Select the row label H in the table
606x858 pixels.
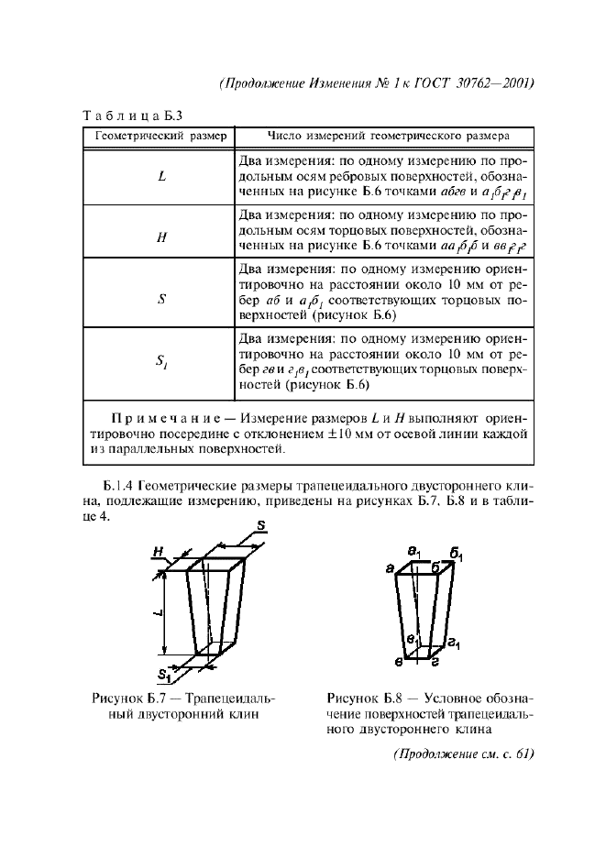pyautogui.click(x=160, y=236)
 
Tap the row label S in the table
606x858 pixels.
pyautogui.click(x=160, y=297)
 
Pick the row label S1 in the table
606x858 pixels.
pyautogui.click(x=160, y=364)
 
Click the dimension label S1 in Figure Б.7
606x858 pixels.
pyautogui.click(x=163, y=676)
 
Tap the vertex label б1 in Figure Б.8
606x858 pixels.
pyautogui.click(x=456, y=555)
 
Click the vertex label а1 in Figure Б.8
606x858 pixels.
pyautogui.click(x=414, y=553)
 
